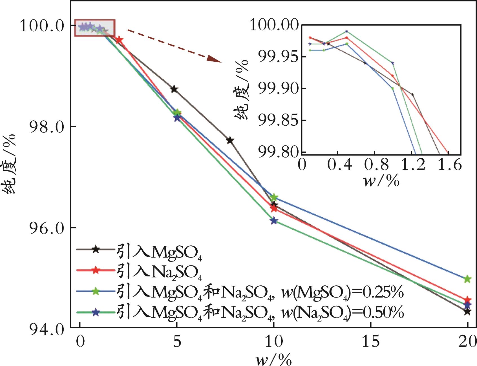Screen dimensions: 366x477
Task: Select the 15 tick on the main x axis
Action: (370, 342)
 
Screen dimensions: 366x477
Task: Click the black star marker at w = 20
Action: (467, 312)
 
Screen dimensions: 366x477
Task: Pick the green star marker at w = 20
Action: (467, 279)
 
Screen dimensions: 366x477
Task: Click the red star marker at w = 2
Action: (119, 40)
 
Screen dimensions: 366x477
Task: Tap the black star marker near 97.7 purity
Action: (230, 140)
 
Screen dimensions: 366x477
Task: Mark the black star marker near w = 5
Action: (174, 89)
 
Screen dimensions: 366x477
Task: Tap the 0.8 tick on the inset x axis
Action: (374, 164)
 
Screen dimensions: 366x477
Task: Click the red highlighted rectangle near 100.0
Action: (94, 28)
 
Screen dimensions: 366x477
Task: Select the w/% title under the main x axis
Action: (273, 359)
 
